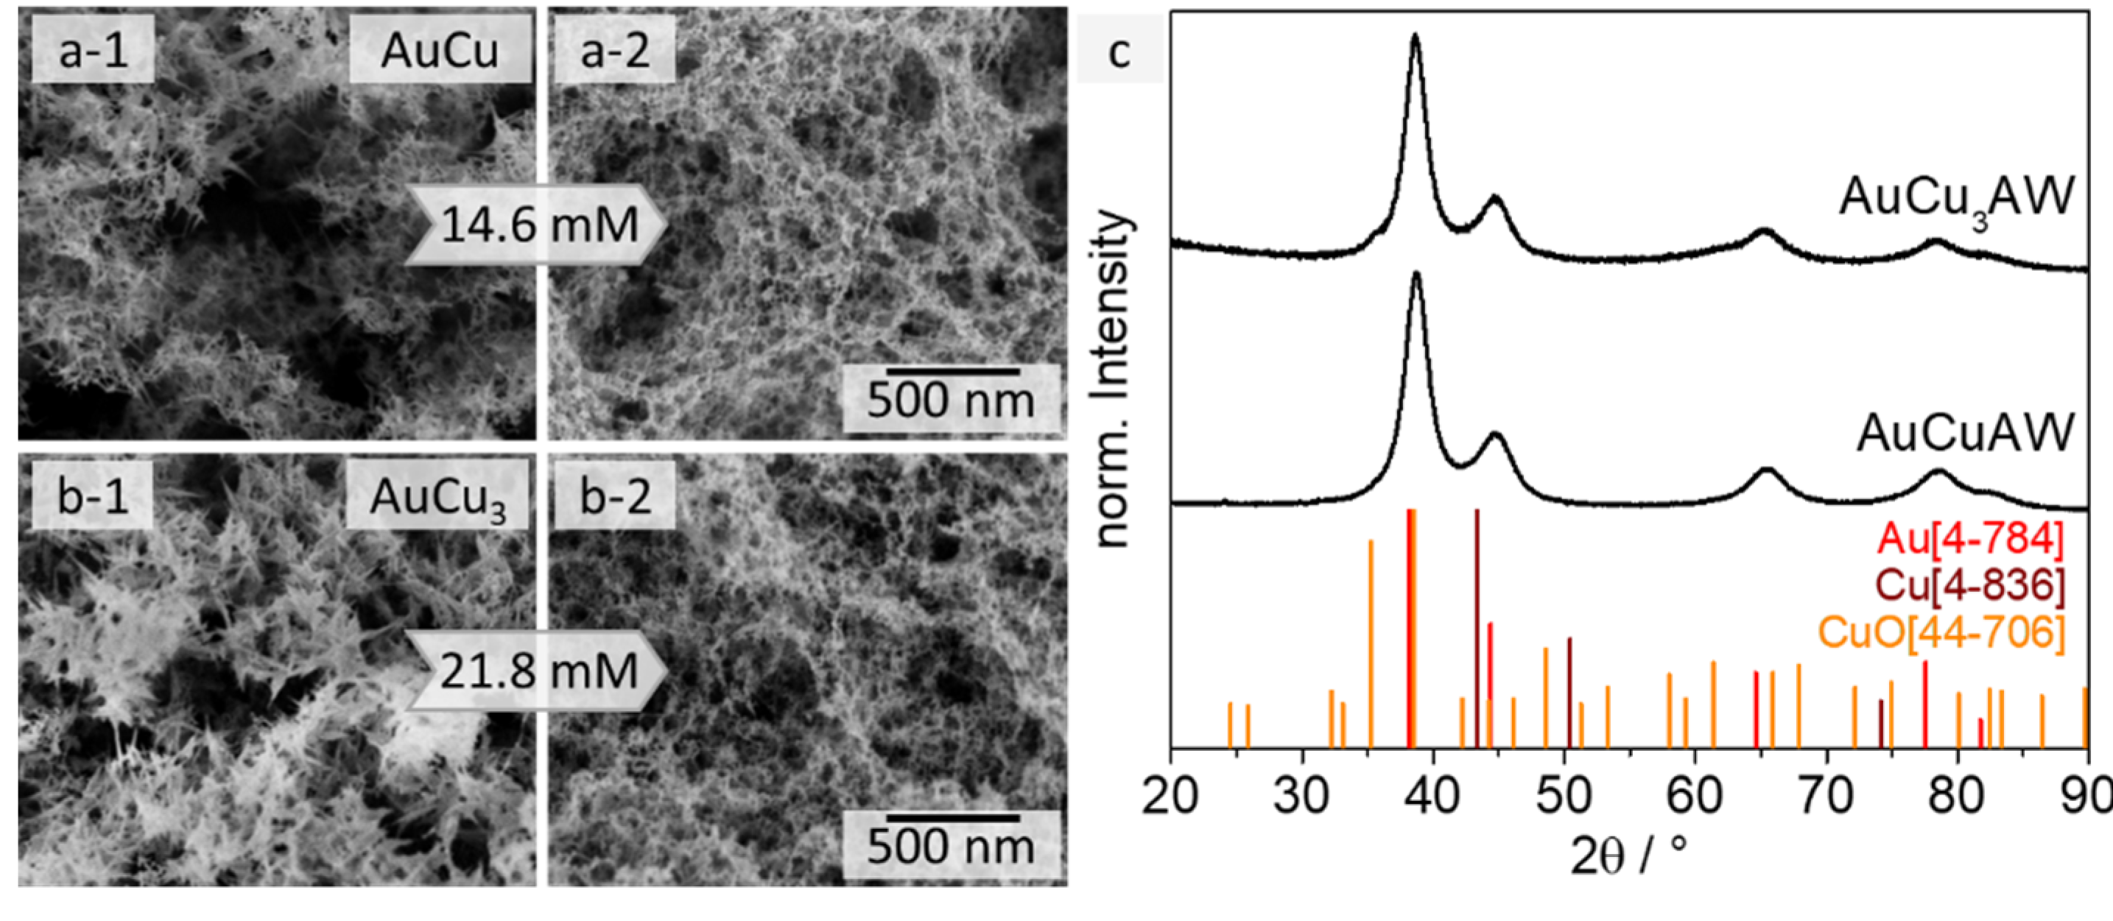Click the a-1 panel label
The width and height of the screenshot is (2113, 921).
pos(93,51)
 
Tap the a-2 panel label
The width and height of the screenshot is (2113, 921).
pos(615,51)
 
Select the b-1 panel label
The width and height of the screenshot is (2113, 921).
pos(93,497)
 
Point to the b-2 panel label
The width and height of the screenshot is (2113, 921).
pos(615,497)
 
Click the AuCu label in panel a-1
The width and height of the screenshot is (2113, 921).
pos(440,51)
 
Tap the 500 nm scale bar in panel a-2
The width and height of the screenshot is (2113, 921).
pos(952,372)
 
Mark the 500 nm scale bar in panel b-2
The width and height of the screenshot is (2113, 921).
pos(952,818)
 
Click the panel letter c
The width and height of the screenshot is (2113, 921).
pos(1119,51)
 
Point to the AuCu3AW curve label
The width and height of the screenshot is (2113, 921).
pos(1957,199)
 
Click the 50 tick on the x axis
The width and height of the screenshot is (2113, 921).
pos(1564,796)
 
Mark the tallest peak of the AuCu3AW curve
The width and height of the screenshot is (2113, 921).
pos(1415,37)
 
